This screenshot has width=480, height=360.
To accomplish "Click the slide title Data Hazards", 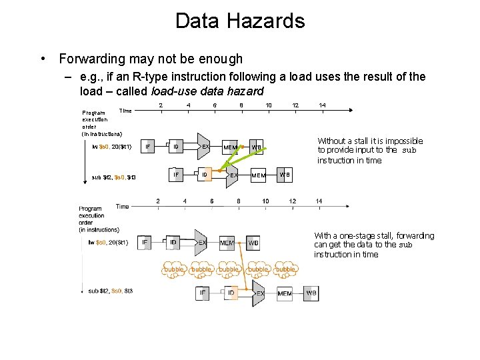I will [240, 21].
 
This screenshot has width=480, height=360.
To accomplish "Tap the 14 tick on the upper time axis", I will [322, 105].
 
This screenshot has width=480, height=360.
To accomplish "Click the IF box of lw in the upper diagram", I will [148, 147].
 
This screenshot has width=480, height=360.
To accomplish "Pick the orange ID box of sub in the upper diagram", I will [205, 175].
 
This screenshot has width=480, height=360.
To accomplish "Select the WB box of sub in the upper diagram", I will [285, 175].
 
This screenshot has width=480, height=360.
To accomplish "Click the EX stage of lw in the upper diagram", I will [205, 146].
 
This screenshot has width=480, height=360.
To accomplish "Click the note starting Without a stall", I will [369, 151].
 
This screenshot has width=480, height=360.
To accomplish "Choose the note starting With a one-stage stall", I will [373, 245].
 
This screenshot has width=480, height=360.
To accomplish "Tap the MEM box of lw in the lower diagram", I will [227, 243].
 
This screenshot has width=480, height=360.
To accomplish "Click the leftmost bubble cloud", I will [175, 269].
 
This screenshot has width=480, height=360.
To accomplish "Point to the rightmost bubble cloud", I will [285, 269].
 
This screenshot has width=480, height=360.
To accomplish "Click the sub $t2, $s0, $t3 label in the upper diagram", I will [113, 177].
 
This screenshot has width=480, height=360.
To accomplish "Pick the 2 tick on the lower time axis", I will [158, 201].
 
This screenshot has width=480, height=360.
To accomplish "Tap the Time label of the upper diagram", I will [125, 110].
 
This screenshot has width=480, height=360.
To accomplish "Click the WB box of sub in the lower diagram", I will [311, 293].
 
